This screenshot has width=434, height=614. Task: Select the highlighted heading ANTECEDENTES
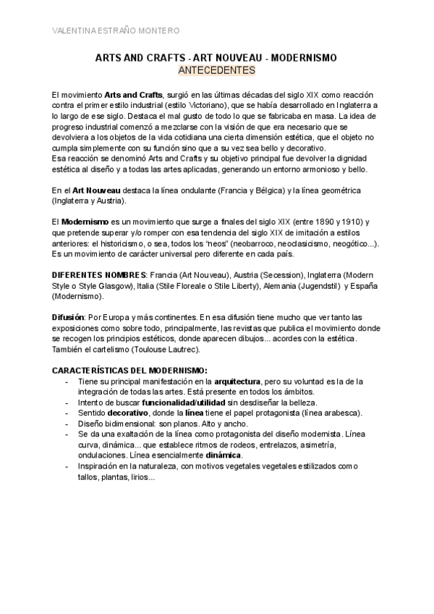[x=216, y=71]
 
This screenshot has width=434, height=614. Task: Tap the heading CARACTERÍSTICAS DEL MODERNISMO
[x=129, y=371]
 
